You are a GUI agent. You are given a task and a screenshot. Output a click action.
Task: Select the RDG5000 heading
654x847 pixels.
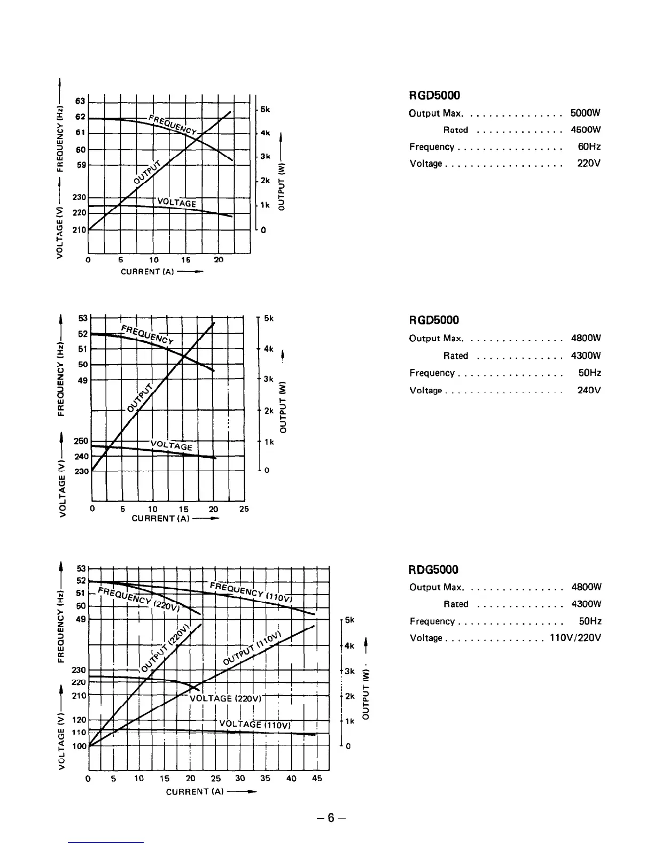(434, 570)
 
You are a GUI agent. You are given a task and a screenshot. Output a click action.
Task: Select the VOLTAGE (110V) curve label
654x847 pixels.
(255, 725)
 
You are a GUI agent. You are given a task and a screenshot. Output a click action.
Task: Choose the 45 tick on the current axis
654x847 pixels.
(317, 779)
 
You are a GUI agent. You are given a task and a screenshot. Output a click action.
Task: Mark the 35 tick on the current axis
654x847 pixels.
(266, 779)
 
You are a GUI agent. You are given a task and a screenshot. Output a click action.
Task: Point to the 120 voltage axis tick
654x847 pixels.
(79, 720)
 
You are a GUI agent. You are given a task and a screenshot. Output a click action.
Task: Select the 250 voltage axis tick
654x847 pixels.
(82, 441)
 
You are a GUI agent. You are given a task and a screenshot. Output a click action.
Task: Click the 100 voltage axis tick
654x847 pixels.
(79, 746)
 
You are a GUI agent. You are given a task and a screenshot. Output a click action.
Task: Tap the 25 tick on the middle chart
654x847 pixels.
(244, 509)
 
